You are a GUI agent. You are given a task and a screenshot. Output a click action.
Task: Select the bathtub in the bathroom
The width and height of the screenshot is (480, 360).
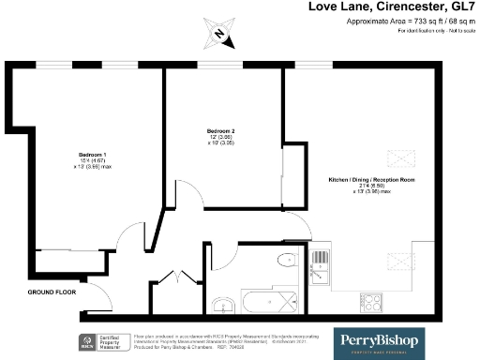coord(271,303)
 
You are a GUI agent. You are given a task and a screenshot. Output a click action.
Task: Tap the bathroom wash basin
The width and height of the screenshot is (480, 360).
coord(221,304)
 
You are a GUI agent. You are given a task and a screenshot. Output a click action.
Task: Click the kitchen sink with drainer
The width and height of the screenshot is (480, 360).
coord(321,255)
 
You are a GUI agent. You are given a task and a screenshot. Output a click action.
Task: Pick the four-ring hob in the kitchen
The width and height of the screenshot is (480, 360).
coord(370,303)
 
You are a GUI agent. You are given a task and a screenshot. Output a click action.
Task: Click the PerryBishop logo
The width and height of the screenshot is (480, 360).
coord(380,339)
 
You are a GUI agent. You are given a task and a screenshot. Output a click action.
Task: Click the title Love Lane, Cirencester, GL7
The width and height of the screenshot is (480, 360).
coord(393,7)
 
